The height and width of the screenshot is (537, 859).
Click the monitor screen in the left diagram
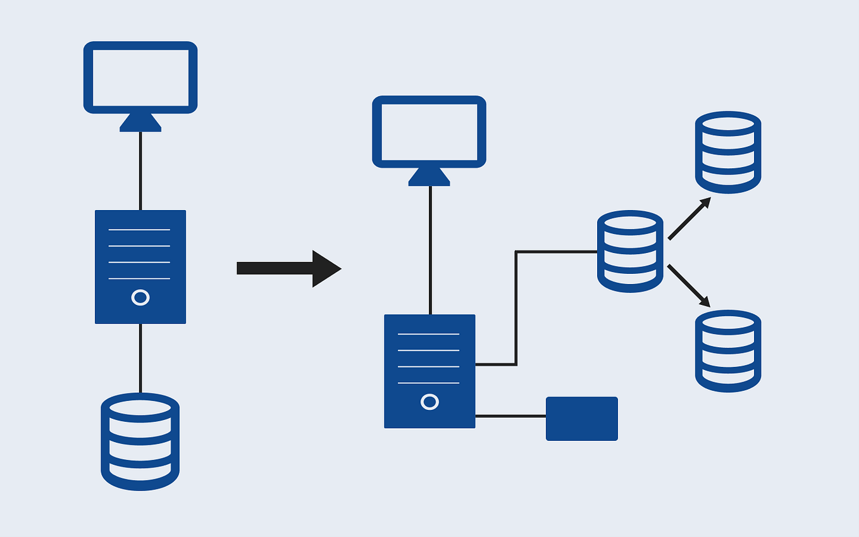(140, 77)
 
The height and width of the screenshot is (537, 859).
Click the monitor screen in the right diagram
(429, 132)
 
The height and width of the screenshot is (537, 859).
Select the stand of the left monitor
(140, 123)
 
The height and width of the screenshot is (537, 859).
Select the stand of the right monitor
(429, 178)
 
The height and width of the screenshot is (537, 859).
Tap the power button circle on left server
(140, 297)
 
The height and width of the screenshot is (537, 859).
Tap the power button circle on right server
(429, 402)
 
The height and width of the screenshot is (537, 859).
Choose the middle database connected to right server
(630, 251)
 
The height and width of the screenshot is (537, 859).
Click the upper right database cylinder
(728, 152)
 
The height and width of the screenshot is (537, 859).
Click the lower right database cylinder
(728, 351)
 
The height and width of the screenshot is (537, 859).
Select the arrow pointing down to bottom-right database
(689, 285)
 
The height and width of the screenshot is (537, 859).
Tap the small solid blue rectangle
(581, 419)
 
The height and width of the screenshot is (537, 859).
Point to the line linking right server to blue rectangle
(510, 416)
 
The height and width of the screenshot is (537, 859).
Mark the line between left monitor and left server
(140, 171)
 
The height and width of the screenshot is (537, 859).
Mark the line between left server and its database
(140, 358)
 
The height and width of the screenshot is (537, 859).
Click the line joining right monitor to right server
(430, 250)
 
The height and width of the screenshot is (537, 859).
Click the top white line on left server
(139, 230)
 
